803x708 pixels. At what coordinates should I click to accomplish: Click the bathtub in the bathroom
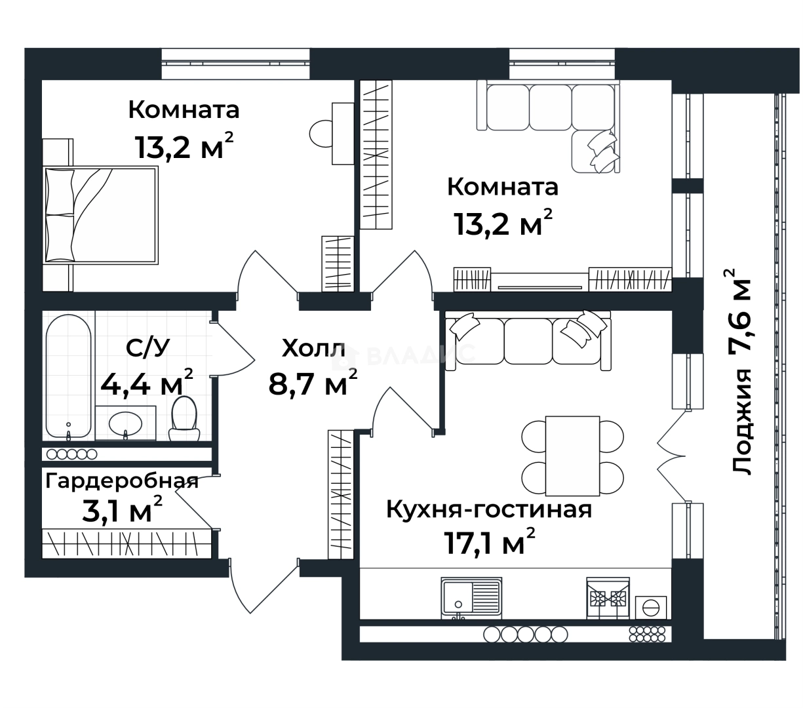click(x=68, y=376)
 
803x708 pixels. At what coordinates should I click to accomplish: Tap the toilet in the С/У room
click(x=184, y=419)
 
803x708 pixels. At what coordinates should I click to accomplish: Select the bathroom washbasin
click(x=125, y=423)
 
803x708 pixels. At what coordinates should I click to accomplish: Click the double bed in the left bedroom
click(x=101, y=215)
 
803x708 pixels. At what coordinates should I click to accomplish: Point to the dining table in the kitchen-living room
click(x=572, y=456)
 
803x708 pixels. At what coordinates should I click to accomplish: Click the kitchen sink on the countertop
click(x=471, y=597)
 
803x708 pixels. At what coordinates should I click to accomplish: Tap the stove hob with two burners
click(x=607, y=598)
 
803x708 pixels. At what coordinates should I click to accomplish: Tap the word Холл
click(x=313, y=349)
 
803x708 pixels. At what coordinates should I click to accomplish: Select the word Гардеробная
click(x=122, y=481)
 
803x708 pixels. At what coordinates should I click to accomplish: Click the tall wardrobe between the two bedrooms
click(x=376, y=155)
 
